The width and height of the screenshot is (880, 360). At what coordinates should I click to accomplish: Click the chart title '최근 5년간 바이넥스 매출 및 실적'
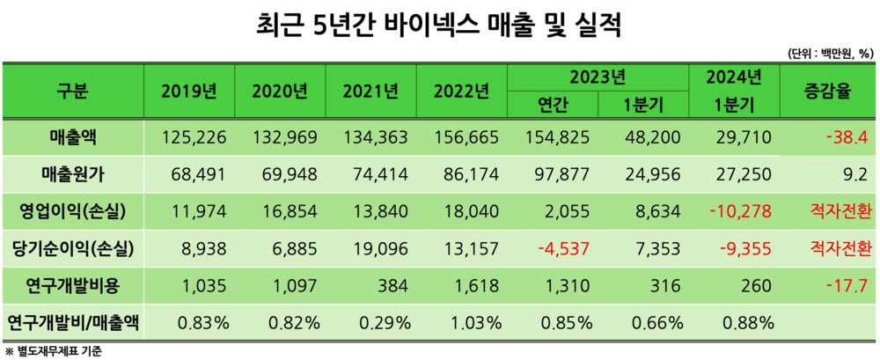[440, 23]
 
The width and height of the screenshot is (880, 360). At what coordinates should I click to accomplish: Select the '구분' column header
[73, 91]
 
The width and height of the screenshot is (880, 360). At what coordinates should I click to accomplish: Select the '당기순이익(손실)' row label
[72, 248]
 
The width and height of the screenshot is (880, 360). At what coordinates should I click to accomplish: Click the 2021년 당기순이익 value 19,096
[378, 248]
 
